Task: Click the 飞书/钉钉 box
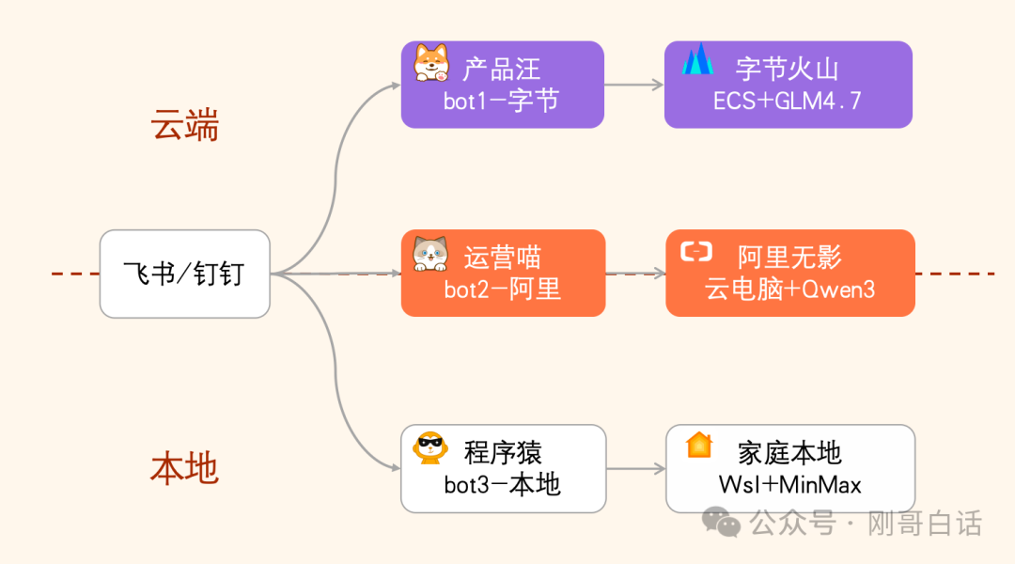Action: coord(184,274)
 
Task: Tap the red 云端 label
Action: coord(184,124)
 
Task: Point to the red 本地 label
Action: coord(184,467)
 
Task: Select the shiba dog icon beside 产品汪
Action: coord(432,63)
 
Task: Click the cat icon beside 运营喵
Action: coord(431,254)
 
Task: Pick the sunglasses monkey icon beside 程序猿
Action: coord(430,447)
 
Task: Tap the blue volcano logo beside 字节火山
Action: coord(697,60)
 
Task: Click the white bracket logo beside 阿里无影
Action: coord(696,251)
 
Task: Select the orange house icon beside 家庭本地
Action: coord(699,445)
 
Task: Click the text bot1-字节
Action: coord(501,102)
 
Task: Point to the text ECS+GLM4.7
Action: coord(788,102)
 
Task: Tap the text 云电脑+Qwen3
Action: coord(790,290)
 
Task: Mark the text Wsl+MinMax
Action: coord(789,484)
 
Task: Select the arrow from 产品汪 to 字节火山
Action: coord(634,85)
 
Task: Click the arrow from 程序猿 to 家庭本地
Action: coord(636,468)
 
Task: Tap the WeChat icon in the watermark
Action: coord(723,522)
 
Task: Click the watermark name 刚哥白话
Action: coord(925,523)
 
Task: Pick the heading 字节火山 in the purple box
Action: coord(788,69)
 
